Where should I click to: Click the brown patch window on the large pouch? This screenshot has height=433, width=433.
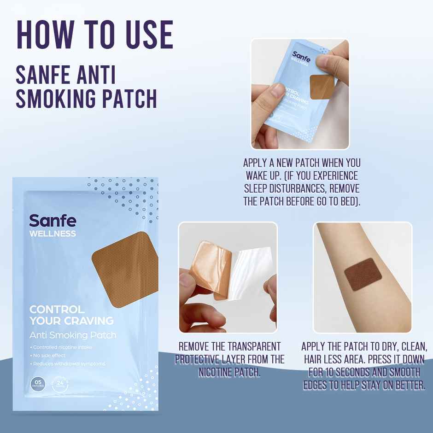pos(124,269)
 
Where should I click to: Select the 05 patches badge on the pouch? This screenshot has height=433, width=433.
pos(37,383)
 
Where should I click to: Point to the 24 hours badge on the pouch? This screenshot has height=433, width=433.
pos(59,383)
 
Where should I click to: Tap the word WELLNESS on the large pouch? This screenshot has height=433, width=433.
pos(53,234)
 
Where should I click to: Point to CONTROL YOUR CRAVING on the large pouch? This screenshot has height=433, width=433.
pos(71,314)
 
